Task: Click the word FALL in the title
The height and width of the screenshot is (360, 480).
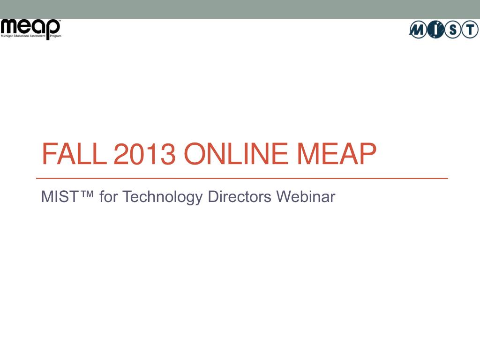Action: (x=74, y=154)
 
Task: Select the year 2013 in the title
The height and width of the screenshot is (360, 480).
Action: (x=144, y=154)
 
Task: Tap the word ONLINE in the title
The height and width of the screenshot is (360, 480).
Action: (x=236, y=154)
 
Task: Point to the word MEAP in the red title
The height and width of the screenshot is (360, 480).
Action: (x=337, y=154)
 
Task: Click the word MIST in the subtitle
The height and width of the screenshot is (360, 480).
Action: (x=60, y=196)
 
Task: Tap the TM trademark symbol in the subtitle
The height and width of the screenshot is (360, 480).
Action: (x=87, y=194)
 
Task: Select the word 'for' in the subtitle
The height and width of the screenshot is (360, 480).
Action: (x=109, y=196)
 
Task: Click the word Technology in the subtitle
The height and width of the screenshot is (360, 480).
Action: (x=163, y=197)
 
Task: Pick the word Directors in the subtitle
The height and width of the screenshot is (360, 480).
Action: (x=240, y=196)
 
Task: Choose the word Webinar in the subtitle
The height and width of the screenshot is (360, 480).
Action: (x=306, y=196)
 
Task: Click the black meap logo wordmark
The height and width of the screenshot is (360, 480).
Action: (x=30, y=28)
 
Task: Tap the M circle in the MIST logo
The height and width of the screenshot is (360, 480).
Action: (x=418, y=30)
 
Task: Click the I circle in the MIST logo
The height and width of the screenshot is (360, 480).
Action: (x=435, y=30)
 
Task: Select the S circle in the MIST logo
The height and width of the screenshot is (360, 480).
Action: (x=452, y=30)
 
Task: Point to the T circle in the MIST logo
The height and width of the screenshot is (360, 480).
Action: (x=470, y=30)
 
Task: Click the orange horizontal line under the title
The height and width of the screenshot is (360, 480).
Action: (x=242, y=178)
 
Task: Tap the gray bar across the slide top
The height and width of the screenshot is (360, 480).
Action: (x=240, y=9)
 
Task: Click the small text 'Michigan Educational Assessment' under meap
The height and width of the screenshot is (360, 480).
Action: (x=23, y=36)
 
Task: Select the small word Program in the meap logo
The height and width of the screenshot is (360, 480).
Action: (x=56, y=36)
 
